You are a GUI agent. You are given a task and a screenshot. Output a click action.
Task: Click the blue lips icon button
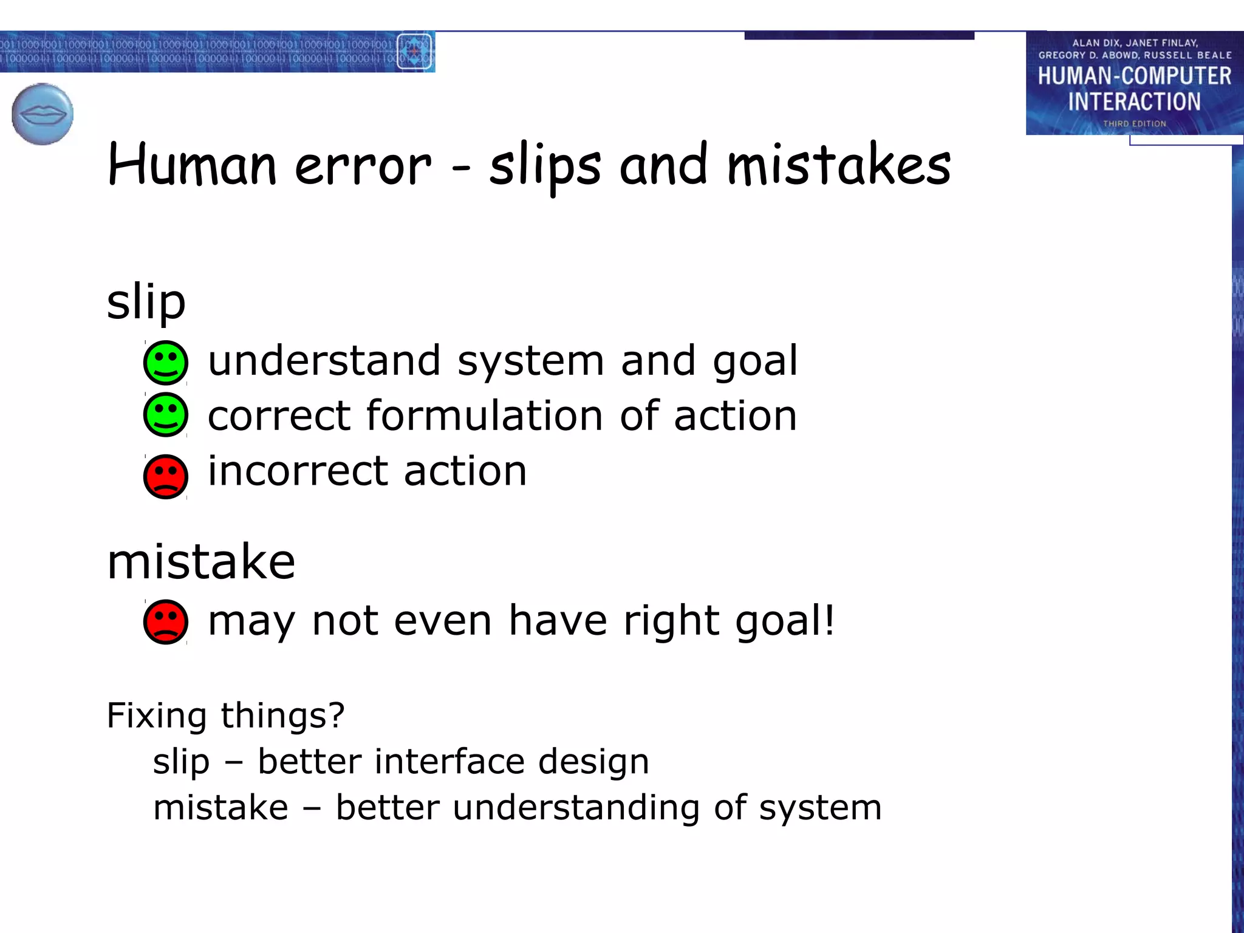[43, 114]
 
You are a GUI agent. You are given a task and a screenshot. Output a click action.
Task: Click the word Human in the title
[192, 165]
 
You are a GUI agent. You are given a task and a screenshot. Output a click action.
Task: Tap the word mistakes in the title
[838, 165]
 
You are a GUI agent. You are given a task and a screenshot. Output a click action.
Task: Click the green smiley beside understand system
[165, 363]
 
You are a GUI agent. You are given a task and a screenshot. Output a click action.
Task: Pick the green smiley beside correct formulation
[165, 415]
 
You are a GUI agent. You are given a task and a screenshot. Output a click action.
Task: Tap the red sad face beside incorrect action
[165, 476]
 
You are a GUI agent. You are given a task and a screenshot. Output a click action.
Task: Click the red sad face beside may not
[165, 622]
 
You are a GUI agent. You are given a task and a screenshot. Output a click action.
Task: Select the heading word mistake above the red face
[201, 562]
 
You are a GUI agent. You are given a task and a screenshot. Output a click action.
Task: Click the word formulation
[485, 416]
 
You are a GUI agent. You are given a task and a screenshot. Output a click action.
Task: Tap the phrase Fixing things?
[225, 716]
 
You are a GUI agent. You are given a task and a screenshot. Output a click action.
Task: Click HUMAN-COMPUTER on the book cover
[1134, 77]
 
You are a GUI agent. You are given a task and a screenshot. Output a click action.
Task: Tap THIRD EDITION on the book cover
[1134, 124]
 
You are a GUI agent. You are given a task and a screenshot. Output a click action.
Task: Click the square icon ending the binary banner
[414, 52]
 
